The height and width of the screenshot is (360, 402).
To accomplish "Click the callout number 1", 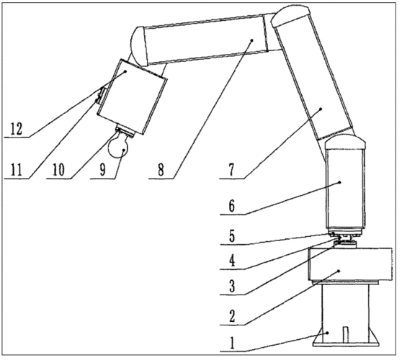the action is tap(232, 343).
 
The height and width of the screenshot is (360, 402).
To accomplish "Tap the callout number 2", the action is tap(232, 316).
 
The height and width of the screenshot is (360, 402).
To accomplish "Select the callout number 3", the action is tap(232, 287).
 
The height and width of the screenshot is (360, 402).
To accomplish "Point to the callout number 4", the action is tap(232, 261).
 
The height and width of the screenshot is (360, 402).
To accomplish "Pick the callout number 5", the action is tap(232, 236).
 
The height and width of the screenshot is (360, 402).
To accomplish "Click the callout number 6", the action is tap(232, 206).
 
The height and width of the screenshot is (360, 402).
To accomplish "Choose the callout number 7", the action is tap(232, 170).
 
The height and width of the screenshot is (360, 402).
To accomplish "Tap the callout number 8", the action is tap(161, 170).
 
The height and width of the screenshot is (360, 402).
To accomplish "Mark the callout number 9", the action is tap(102, 170).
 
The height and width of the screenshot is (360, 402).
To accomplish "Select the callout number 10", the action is tap(58, 170).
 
